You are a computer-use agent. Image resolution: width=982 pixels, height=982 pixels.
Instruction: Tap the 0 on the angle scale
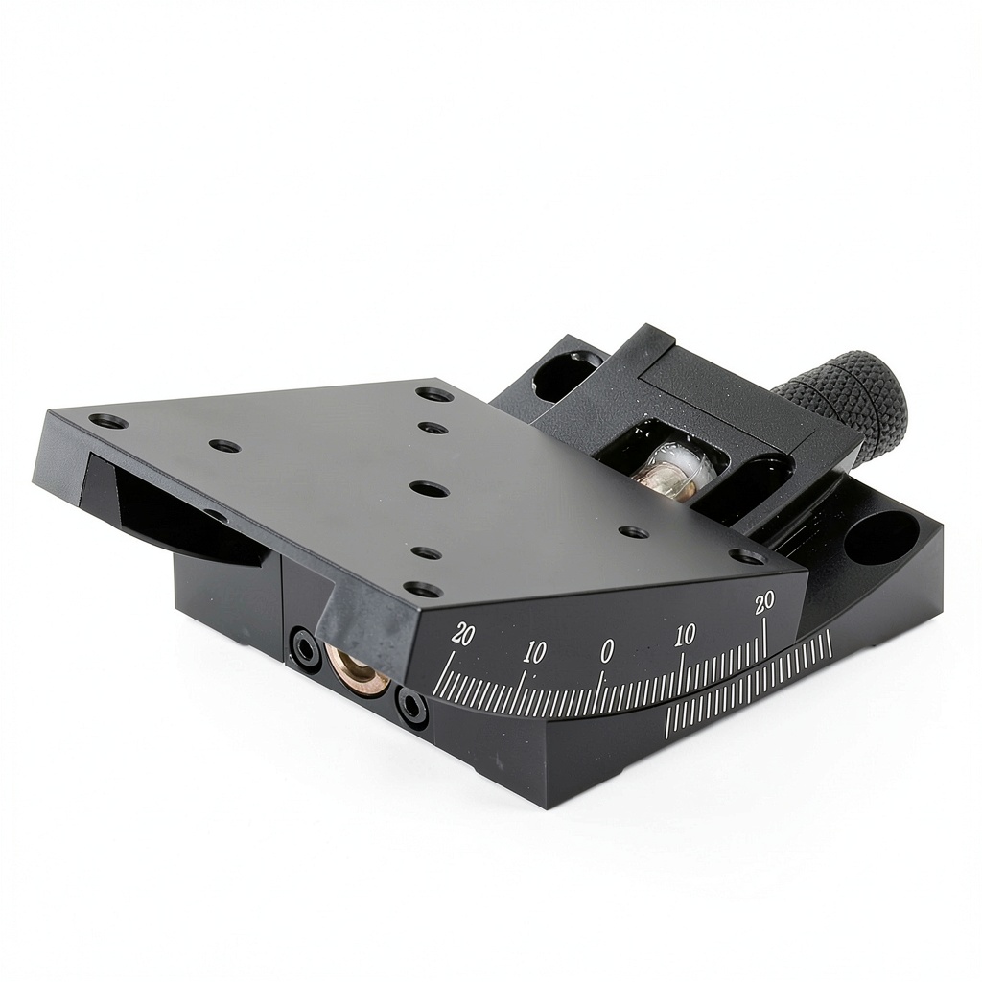(607, 651)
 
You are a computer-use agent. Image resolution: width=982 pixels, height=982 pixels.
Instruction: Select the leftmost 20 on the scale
(463, 635)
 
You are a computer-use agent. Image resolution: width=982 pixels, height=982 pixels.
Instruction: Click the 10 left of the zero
(534, 652)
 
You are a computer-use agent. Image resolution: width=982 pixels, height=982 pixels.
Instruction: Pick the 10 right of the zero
(685, 636)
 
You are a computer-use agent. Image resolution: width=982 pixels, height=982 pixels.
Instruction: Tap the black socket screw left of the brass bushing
(303, 647)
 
